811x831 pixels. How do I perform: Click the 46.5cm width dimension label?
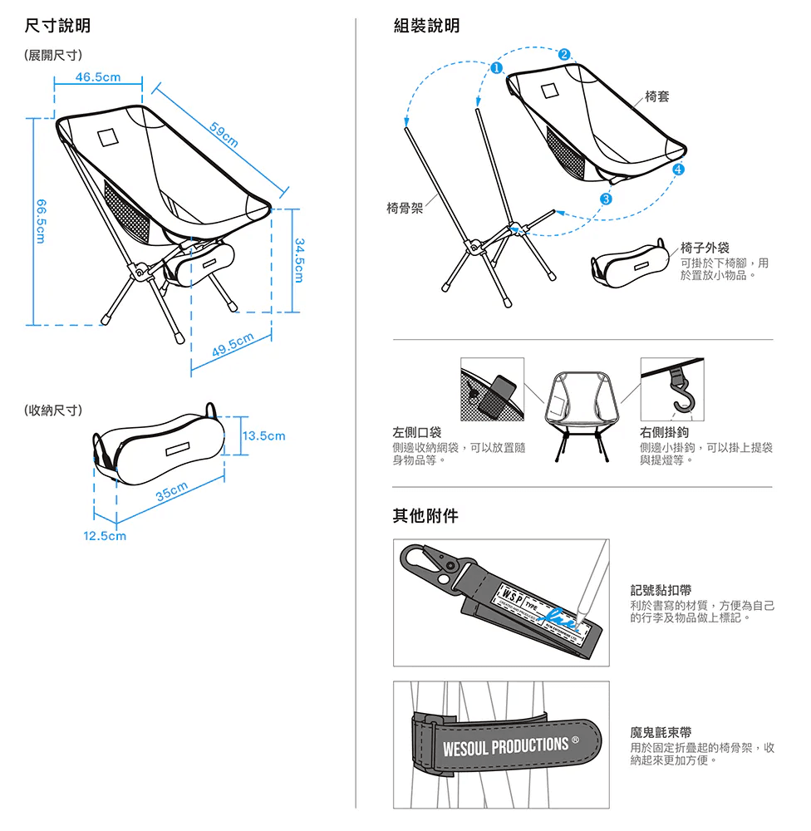tap(97, 77)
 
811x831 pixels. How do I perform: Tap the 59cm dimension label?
tap(224, 135)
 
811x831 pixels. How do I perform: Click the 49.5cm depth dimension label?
tap(233, 344)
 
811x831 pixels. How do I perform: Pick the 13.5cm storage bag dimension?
tap(263, 435)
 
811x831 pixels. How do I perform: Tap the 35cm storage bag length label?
tap(173, 491)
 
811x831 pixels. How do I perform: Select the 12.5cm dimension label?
tap(105, 536)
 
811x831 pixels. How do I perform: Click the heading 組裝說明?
tap(425, 27)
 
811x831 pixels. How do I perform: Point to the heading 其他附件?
tap(425, 517)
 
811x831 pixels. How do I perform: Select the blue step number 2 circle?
tap(565, 55)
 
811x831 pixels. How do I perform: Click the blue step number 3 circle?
tap(607, 199)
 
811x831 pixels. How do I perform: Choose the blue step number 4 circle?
tap(679, 170)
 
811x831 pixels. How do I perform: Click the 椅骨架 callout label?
tap(405, 208)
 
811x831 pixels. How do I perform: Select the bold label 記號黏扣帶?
tap(661, 590)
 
